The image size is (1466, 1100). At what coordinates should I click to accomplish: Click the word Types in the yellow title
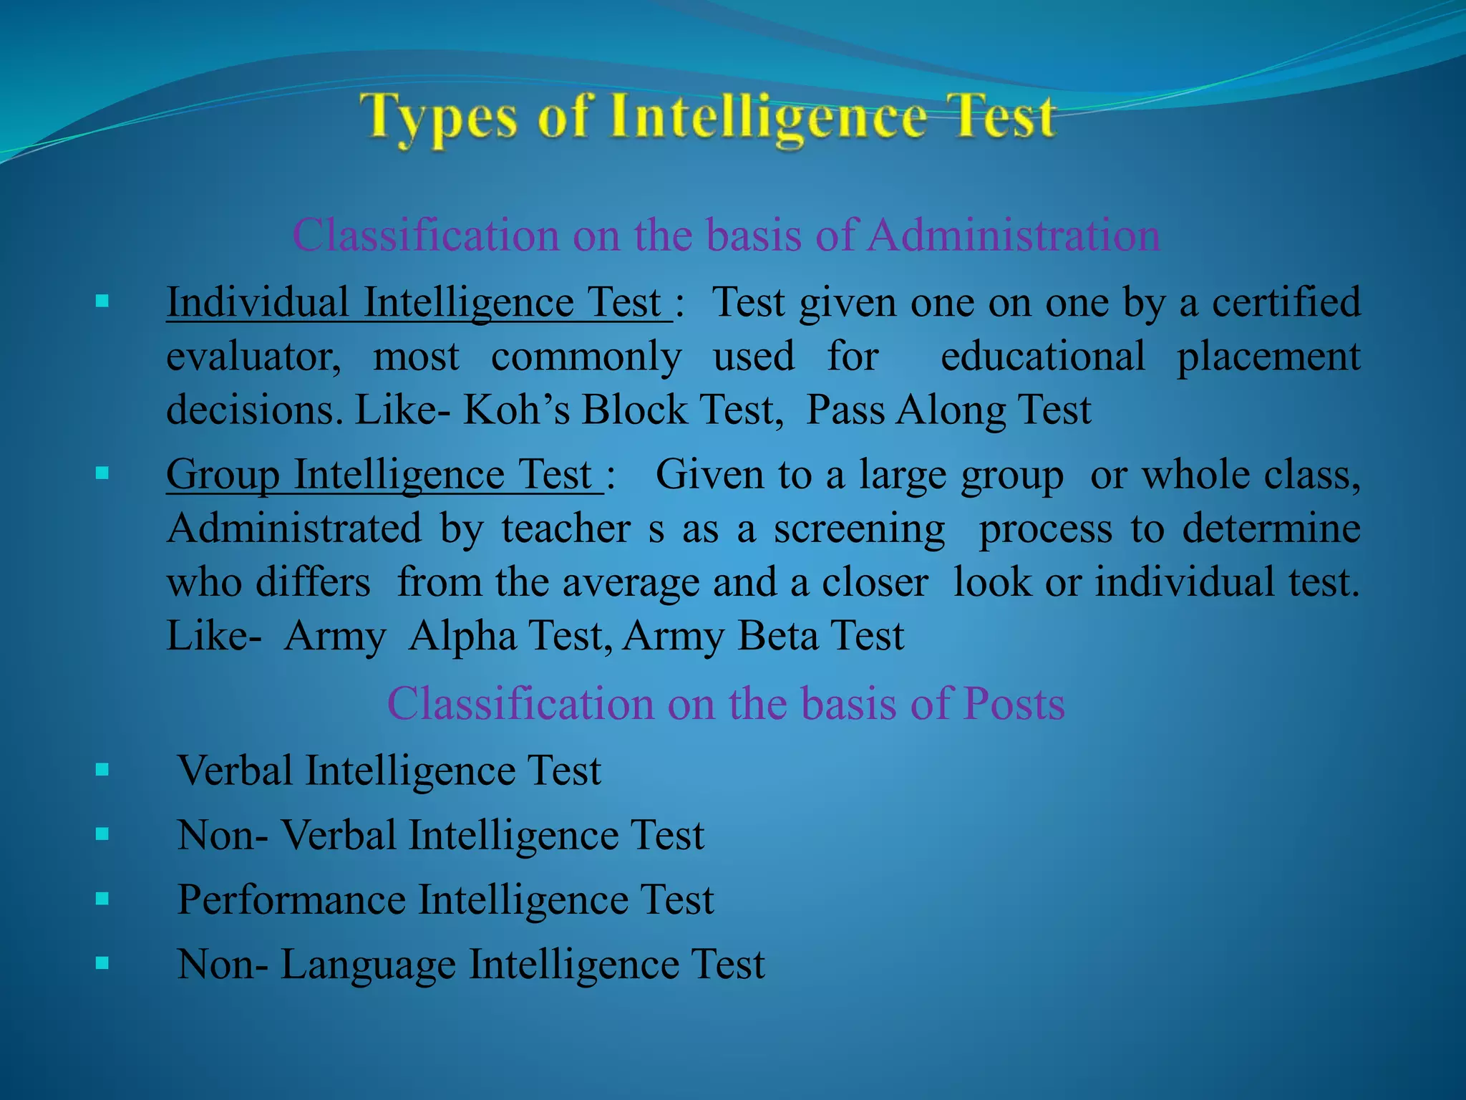(438, 118)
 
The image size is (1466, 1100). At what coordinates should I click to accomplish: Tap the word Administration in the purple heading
(1013, 235)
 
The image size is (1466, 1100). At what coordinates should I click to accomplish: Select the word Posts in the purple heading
(1014, 703)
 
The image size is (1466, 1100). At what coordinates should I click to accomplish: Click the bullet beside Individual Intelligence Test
(102, 301)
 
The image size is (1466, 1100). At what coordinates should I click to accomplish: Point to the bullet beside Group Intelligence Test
(102, 473)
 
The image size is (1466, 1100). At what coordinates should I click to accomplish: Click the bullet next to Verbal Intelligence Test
(102, 770)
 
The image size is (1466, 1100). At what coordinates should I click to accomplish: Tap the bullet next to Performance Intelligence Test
(102, 899)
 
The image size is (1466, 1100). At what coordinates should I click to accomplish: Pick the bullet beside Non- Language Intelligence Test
(102, 963)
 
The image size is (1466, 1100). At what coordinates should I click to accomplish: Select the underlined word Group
(223, 475)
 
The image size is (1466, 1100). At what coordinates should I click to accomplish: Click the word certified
(1286, 302)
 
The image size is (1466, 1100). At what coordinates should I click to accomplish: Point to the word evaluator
(253, 357)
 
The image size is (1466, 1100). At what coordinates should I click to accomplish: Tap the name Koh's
(516, 410)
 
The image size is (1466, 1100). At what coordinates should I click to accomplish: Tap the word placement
(1268, 357)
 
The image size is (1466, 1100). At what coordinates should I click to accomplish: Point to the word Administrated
(294, 529)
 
